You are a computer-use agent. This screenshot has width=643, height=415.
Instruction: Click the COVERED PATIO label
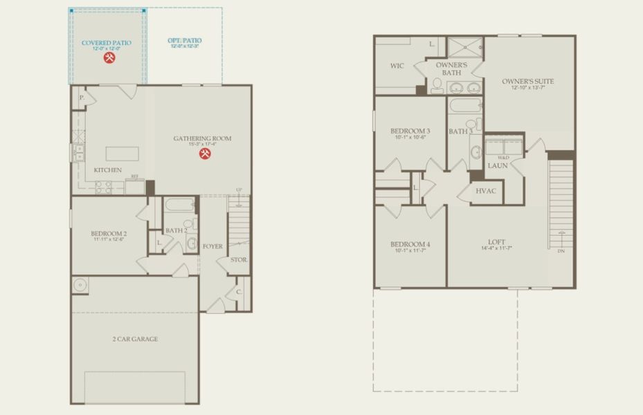(106, 43)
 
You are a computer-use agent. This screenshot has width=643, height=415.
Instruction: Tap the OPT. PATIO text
(183, 41)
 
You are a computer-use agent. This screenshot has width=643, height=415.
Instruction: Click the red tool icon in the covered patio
(109, 58)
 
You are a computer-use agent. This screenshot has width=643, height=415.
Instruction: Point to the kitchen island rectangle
(122, 153)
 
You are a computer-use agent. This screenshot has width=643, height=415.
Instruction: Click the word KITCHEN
(108, 170)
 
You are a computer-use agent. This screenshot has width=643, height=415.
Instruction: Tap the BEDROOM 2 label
(109, 234)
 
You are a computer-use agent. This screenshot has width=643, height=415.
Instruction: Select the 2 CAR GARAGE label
(135, 339)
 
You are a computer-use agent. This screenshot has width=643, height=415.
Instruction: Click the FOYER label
(212, 246)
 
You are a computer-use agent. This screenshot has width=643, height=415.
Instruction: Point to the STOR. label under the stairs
(239, 260)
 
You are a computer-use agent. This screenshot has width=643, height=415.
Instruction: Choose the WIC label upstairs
(397, 66)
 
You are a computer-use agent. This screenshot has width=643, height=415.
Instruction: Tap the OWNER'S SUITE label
(527, 81)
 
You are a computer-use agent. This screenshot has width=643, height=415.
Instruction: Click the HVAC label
(485, 191)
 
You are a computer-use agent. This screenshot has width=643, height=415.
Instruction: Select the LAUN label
(498, 166)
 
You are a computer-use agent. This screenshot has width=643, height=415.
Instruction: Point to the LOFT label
(496, 242)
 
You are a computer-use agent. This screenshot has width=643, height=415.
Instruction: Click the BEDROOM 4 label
(410, 244)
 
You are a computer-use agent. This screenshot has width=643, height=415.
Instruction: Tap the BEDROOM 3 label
(410, 131)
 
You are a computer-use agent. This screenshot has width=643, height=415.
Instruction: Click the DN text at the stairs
(561, 252)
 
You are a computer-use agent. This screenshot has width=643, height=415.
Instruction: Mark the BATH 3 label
(460, 131)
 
